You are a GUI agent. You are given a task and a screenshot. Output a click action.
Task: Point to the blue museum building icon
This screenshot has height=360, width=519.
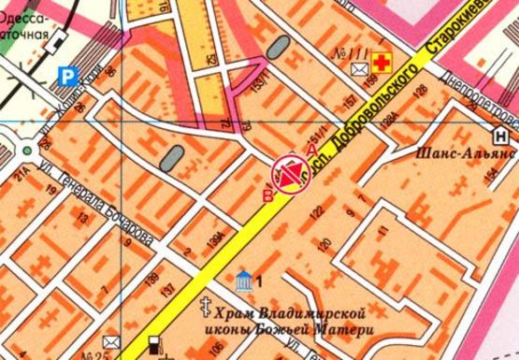244,278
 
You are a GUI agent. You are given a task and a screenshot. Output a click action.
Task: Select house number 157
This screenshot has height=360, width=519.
350,101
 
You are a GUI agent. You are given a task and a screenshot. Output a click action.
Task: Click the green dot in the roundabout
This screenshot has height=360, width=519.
29,148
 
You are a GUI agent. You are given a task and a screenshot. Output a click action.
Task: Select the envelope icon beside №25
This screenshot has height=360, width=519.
111,341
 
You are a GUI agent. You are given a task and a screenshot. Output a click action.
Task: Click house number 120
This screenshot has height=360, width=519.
324,246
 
